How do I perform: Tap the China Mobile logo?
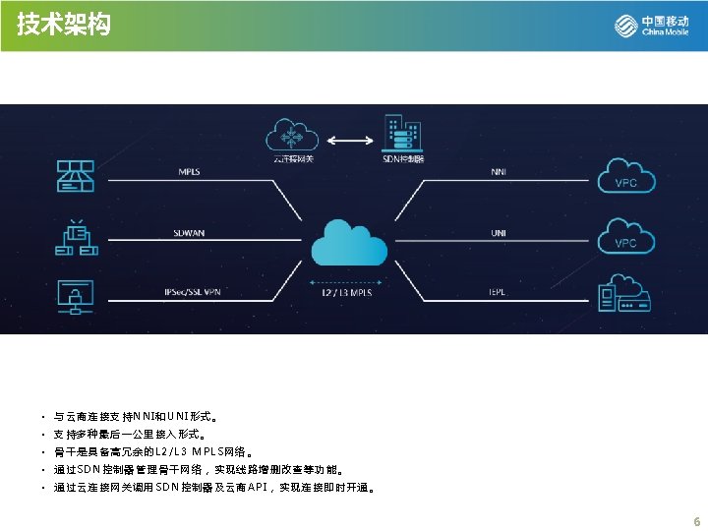(x=652, y=26)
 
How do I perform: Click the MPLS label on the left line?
(x=189, y=171)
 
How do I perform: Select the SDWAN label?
(x=189, y=232)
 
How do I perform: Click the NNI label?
(x=500, y=171)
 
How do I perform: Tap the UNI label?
(x=500, y=232)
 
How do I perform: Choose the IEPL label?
(x=499, y=292)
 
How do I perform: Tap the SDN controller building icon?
(x=402, y=134)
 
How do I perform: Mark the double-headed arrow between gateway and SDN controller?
(x=346, y=141)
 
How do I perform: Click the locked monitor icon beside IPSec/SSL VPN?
(x=76, y=294)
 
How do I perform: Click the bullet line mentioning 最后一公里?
(x=130, y=434)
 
